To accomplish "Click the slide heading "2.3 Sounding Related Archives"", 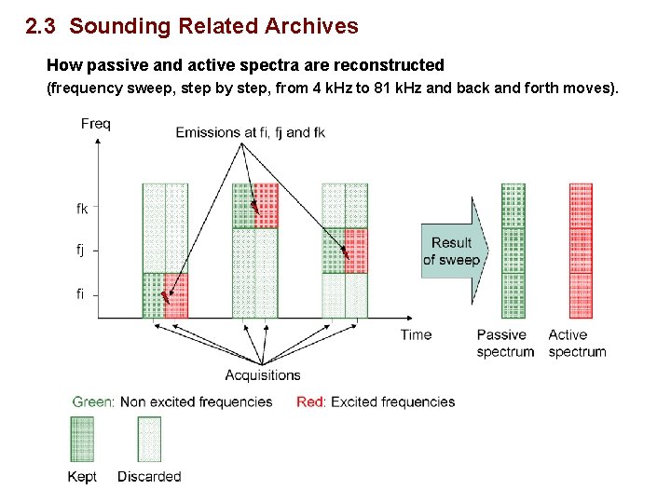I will tap(192, 26).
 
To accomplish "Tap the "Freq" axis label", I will tap(96, 124).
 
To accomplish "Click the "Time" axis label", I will tap(416, 334).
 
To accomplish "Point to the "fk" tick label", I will tap(82, 209).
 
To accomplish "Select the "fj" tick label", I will tap(81, 250).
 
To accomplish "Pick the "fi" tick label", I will tap(80, 293).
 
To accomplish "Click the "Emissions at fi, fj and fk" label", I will tap(250, 132).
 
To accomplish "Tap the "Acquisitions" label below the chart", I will tap(263, 374).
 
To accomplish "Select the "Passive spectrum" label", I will tap(505, 343).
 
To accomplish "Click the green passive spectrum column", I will tap(514, 250).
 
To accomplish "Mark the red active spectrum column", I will tap(581, 250).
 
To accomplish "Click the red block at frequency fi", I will tap(176, 295).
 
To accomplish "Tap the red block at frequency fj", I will tap(356, 251).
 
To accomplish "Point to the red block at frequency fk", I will tap(267, 206).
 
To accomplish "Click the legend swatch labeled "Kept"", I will tap(82, 439).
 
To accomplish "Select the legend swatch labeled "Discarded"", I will tap(149, 439).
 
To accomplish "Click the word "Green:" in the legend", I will tap(94, 401).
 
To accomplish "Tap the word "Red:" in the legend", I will tap(311, 401).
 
